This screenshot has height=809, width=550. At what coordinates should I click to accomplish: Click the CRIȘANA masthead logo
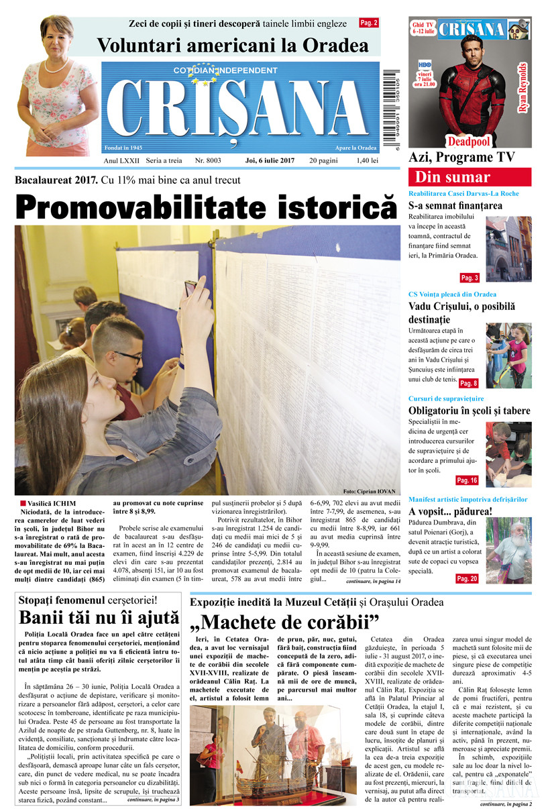click(x=240, y=107)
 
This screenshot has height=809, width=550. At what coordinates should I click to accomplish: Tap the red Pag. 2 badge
click(x=369, y=23)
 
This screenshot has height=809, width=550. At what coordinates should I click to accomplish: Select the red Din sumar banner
click(x=470, y=178)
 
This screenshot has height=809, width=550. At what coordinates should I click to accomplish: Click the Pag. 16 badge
click(x=467, y=480)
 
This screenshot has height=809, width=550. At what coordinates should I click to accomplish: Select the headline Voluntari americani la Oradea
click(x=233, y=46)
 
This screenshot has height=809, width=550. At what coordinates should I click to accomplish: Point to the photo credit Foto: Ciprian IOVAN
click(x=369, y=490)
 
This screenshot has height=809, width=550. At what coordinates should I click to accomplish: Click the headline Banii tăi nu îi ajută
click(x=99, y=617)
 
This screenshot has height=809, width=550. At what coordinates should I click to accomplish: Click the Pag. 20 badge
click(x=467, y=578)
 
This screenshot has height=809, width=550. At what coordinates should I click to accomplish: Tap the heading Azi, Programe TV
click(x=461, y=157)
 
